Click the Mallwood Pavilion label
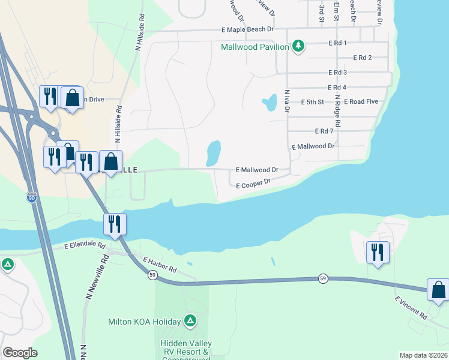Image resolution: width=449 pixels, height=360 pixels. pos(255,46)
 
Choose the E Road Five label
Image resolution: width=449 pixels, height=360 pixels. pos(361,101)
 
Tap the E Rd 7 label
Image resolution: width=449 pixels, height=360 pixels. pos(324,131)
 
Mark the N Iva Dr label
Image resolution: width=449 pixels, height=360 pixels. pos(287,101)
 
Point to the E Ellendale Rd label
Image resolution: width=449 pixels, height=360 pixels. pos(85,246)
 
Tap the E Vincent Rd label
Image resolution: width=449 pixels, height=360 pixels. pos(411,307)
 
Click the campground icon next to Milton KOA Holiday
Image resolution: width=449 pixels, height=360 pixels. pos(190,321)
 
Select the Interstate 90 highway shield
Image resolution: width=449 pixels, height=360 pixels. pos(32,196)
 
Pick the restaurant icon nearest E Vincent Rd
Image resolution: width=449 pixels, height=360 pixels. pos(378,251)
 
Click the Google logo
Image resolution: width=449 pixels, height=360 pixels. pos(20,353)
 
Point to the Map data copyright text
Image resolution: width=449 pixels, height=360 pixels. pos(423,355)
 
